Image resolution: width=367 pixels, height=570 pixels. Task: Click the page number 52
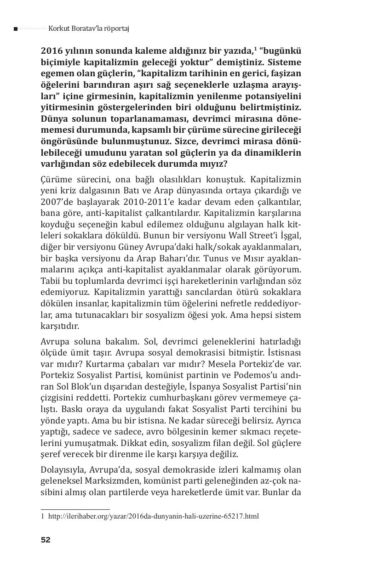(x=46, y=540)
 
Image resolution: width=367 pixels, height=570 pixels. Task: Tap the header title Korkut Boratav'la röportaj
(x=88, y=28)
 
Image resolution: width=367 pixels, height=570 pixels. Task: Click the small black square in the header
(x=16, y=29)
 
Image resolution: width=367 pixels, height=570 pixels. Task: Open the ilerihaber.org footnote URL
(x=153, y=516)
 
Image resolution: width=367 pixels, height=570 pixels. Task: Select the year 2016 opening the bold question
(x=51, y=51)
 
